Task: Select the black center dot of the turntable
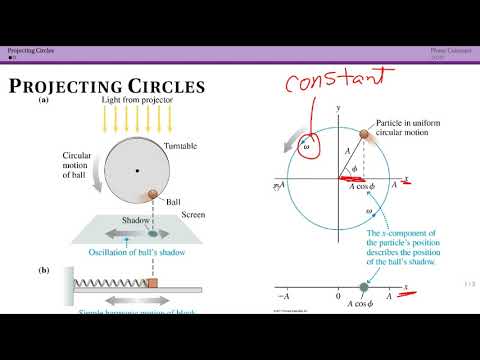(x=137, y=170)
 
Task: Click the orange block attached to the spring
(x=152, y=283)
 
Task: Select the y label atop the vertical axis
(x=340, y=105)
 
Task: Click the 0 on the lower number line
(x=339, y=297)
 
